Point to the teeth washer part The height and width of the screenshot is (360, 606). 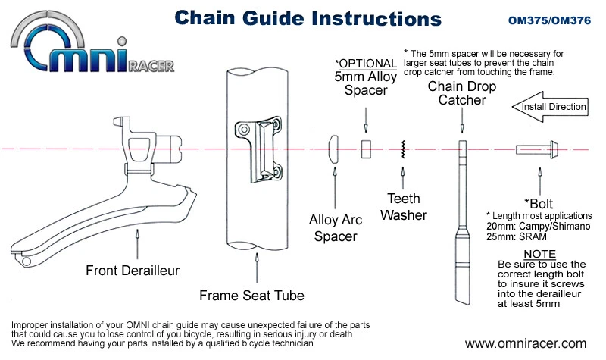pyautogui.click(x=404, y=149)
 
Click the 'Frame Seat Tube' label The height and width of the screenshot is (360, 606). pyautogui.click(x=257, y=294)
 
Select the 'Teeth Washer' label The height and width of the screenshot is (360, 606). pyautogui.click(x=404, y=207)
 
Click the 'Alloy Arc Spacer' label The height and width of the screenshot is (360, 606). pyautogui.click(x=334, y=228)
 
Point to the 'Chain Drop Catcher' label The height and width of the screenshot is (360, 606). pyautogui.click(x=461, y=93)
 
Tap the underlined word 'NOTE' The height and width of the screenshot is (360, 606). pyautogui.click(x=539, y=253)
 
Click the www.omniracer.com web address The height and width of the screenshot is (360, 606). pyautogui.click(x=526, y=344)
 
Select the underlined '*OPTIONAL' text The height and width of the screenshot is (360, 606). pyautogui.click(x=366, y=63)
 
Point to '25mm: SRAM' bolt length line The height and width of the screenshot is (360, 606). pyautogui.click(x=517, y=237)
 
